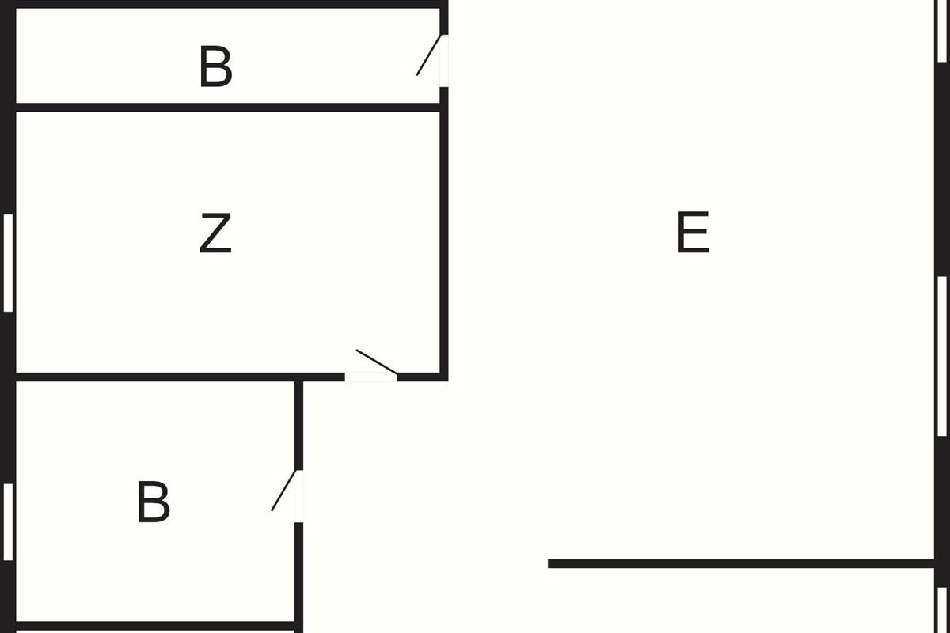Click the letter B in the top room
point(215,67)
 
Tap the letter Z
point(215,233)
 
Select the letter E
point(693,233)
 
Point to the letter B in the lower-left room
point(154,502)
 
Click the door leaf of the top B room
point(428,55)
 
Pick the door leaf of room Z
point(376,361)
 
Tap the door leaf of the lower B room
point(283,491)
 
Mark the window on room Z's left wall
point(9,263)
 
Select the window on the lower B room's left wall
point(9,522)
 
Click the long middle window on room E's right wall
point(941,356)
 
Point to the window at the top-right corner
point(941,30)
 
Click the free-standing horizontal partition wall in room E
point(741,564)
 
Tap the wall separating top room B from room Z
point(228,107)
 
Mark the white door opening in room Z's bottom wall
point(370,377)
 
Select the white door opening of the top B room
point(444,61)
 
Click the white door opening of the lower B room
point(298,496)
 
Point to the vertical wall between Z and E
point(444,237)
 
